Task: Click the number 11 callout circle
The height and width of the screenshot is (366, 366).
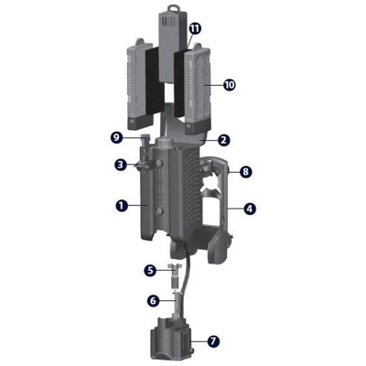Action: (195, 29)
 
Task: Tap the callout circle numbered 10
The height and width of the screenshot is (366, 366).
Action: (229, 84)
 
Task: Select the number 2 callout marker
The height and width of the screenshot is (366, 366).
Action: (223, 140)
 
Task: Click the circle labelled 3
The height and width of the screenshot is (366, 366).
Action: (120, 165)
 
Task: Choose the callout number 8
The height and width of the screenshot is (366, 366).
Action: (244, 171)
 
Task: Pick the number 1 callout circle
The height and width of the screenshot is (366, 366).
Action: (121, 206)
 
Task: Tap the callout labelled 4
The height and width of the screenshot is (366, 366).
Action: (250, 209)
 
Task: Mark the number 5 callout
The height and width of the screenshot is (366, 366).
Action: (151, 270)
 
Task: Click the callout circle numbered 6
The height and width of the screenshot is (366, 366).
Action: (153, 299)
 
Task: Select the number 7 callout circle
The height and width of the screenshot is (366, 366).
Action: (213, 341)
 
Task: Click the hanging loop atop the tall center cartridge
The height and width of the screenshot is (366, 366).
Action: (170, 12)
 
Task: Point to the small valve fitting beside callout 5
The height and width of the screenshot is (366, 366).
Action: (170, 271)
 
